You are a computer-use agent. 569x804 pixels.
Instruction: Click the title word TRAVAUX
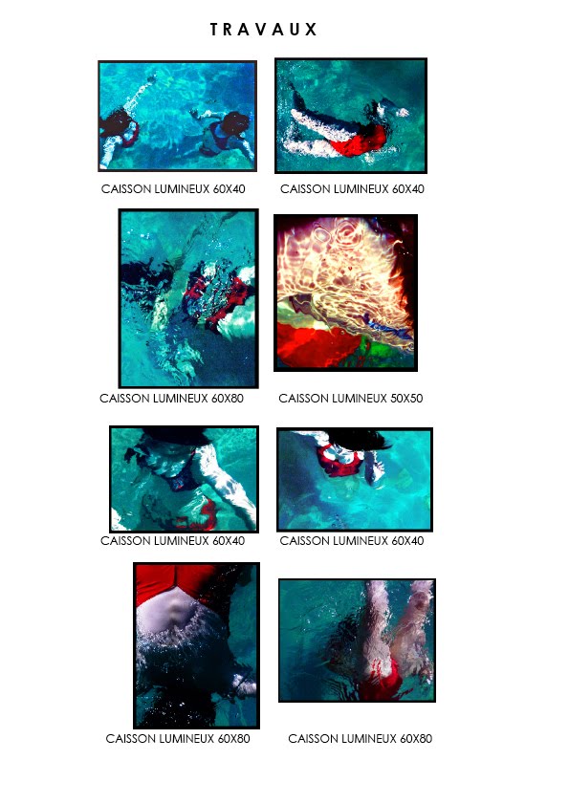[263, 30]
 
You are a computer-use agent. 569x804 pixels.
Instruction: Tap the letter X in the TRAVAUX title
[311, 30]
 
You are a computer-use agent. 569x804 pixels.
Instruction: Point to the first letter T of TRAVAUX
[215, 30]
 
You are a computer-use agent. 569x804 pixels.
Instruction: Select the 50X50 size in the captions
[406, 399]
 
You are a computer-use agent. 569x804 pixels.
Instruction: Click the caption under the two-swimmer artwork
[173, 189]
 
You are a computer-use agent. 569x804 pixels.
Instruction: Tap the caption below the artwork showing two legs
[360, 738]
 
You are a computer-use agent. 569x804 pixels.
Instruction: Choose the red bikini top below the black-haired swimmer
[339, 462]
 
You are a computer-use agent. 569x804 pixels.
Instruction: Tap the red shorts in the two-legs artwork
[383, 678]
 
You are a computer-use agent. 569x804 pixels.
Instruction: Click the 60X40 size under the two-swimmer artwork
[229, 189]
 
